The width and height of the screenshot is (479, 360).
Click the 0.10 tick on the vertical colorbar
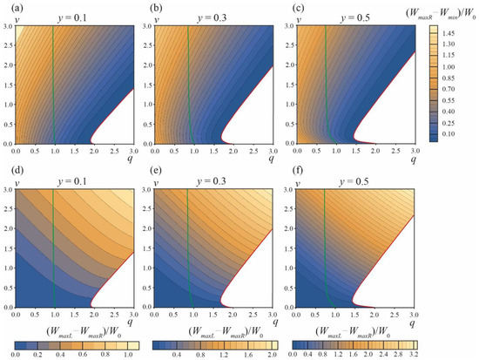point(455,135)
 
